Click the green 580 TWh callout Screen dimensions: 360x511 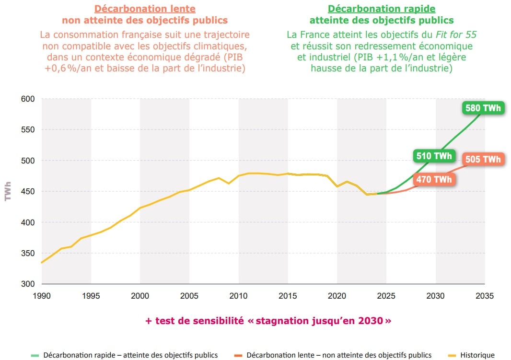(483, 108)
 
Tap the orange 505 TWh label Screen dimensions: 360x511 (483, 160)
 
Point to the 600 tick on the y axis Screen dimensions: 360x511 (28, 99)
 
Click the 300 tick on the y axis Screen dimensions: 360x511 (28, 284)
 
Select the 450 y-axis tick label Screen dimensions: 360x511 (28, 191)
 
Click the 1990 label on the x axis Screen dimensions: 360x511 (42, 296)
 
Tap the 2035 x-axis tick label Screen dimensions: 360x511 (485, 296)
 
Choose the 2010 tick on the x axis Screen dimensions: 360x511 (239, 296)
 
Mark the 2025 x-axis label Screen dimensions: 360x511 (386, 296)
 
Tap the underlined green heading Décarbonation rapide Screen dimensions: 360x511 (381, 9)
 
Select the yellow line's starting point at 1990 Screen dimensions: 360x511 (42, 262)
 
